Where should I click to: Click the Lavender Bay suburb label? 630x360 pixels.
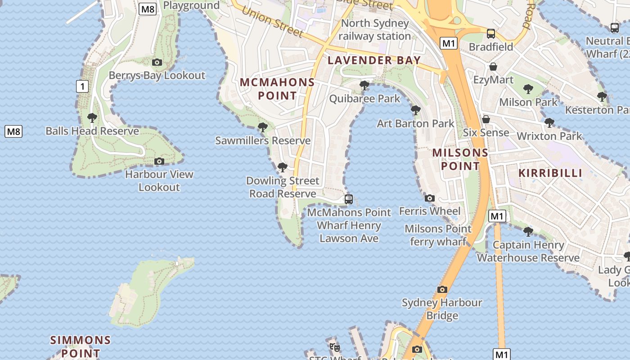[x=374, y=60]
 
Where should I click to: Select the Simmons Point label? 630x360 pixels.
[x=81, y=346]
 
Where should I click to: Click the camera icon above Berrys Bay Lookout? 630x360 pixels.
[x=157, y=63]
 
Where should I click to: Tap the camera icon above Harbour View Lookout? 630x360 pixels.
[x=159, y=162]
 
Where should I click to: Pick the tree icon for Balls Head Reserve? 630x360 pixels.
[x=92, y=118]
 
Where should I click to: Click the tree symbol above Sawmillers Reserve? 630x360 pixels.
[x=263, y=128]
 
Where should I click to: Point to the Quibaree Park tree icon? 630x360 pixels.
[x=364, y=85]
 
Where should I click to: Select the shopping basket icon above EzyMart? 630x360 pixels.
[x=493, y=67]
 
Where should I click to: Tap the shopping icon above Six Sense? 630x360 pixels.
[x=486, y=120]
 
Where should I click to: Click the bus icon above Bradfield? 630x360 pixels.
[x=491, y=34]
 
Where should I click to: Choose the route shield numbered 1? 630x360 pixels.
[x=82, y=86]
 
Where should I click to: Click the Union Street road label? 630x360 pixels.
[x=272, y=22]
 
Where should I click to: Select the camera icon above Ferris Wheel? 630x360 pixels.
[x=430, y=198]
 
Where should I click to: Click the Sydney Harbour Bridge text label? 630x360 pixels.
[x=442, y=309]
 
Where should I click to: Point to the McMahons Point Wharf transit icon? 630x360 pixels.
[x=348, y=199]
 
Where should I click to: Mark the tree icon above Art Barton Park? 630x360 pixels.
[x=415, y=110]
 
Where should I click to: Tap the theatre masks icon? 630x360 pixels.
[x=334, y=347]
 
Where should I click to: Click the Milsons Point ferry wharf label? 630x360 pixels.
[x=438, y=235]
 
